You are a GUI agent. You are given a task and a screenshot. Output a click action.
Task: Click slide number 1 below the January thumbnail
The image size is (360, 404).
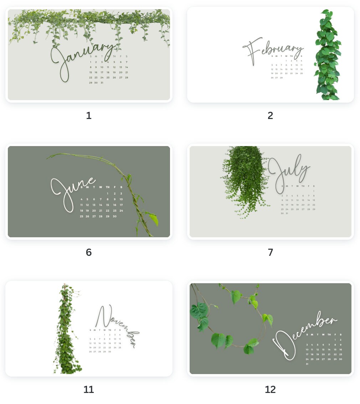coord(89,115)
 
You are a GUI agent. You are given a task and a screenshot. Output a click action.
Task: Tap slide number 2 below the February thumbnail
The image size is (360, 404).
coord(270,115)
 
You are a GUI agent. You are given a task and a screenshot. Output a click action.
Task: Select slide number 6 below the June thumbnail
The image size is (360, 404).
coord(89,252)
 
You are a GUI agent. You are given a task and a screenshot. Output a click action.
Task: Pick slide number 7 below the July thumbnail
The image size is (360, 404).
coord(270,252)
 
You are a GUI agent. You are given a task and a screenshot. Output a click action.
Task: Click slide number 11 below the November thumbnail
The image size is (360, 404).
coord(89,389)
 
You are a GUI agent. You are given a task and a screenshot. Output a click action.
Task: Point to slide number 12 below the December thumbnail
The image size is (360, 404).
coord(270,389)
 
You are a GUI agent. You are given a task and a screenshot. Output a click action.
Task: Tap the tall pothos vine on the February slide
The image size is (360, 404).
coord(328,55)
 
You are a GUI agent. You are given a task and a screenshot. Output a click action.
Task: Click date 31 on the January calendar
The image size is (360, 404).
coord(102,83)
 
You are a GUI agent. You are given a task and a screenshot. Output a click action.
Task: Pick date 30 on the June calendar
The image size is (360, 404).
coord(114,216)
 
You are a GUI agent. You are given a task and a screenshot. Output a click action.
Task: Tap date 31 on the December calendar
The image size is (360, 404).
coord(307,364)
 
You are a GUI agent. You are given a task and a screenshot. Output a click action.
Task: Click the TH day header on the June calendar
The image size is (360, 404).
coord(108,187)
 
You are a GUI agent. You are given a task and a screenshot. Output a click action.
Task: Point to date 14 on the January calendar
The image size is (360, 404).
coord(127,67)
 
